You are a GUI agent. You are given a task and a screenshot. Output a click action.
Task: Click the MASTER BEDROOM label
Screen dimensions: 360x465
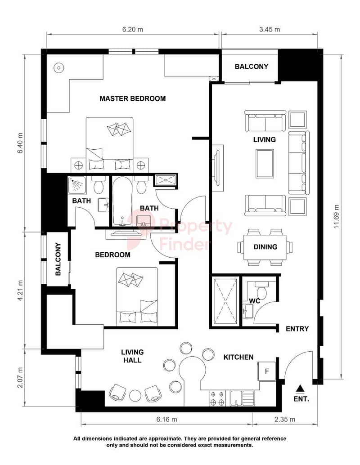coord(133,98)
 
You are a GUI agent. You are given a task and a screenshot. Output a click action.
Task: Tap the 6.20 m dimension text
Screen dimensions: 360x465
coord(133,29)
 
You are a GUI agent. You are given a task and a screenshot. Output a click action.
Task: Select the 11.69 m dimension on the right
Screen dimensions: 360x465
coord(336,216)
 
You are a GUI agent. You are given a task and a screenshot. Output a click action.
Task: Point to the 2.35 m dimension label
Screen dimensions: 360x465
coord(284,419)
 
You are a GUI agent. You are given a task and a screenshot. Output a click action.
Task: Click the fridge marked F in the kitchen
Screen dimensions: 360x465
coord(267,371)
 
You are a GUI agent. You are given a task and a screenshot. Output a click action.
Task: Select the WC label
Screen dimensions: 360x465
coord(254,301)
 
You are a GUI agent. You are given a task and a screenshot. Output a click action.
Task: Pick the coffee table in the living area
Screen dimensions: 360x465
coord(265,164)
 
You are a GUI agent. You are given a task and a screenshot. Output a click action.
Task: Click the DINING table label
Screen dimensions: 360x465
coord(265,247)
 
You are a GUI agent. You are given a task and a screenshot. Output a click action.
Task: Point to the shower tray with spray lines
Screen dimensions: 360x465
coord(77,186)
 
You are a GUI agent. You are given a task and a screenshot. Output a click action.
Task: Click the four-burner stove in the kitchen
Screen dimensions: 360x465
coord(217,398)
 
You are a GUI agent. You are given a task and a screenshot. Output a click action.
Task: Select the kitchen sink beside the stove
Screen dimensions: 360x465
coord(242,398)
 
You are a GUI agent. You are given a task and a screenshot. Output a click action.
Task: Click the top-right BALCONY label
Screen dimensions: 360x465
coord(252,67)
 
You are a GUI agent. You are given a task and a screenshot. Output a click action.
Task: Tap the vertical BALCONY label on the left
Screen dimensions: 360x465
coord(58,259)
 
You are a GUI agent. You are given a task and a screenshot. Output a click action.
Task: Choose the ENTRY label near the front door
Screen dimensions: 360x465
coord(297,329)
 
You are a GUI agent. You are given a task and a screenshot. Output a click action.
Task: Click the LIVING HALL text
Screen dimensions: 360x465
coord(132,356)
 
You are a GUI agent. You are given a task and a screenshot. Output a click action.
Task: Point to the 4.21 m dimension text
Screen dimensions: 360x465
coord(20,291)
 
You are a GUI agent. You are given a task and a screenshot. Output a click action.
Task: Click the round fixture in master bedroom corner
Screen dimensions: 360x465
coord(59,68)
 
